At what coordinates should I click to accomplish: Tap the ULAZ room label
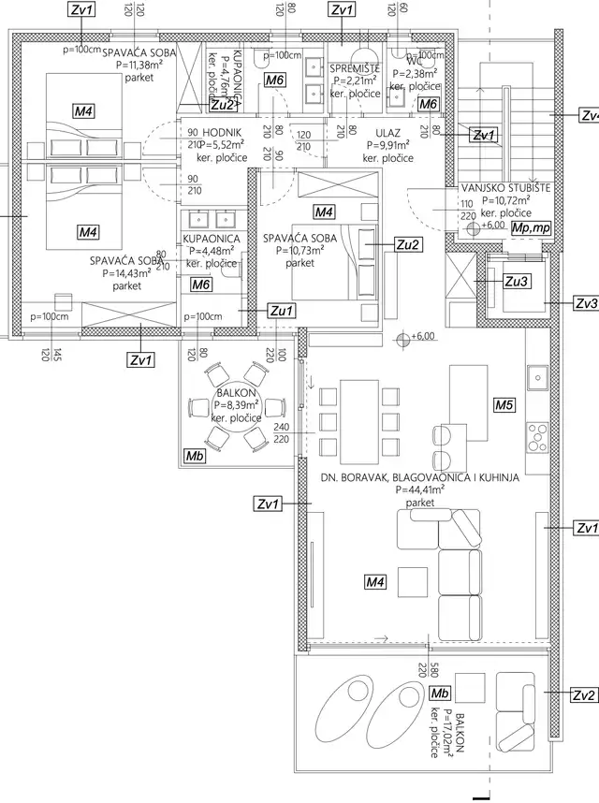click(x=388, y=133)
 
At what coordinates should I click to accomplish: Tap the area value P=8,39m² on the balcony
click(x=238, y=405)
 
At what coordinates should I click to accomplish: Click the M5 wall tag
click(x=504, y=405)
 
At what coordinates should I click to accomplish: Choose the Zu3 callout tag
click(x=516, y=281)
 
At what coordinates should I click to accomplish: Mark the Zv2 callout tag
click(x=584, y=694)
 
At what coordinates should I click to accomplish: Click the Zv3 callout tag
click(x=584, y=304)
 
